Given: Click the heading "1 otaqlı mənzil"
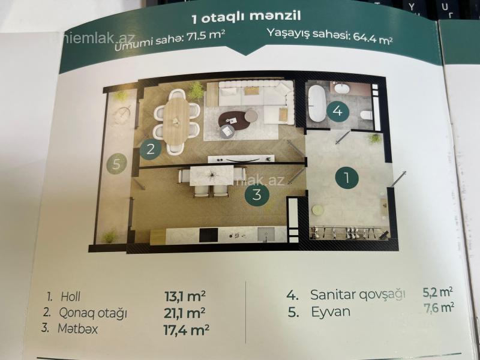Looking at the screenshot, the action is (246, 17).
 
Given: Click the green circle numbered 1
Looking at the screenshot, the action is (347, 177).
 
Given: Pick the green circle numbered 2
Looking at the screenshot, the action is (151, 149).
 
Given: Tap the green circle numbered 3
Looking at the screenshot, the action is (257, 194).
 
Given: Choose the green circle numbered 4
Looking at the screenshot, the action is (337, 111).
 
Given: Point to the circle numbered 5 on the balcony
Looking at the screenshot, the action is (116, 164).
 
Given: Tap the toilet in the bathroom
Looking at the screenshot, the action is (366, 115).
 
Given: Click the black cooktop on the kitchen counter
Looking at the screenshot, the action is (208, 235).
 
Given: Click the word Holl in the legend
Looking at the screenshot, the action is (71, 296).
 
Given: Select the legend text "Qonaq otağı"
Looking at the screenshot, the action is (93, 313).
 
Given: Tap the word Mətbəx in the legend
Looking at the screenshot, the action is (78, 329).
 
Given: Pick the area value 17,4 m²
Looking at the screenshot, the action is (187, 331).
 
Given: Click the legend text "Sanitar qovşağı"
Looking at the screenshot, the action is (358, 295).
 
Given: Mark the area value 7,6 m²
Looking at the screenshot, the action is (439, 308).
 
